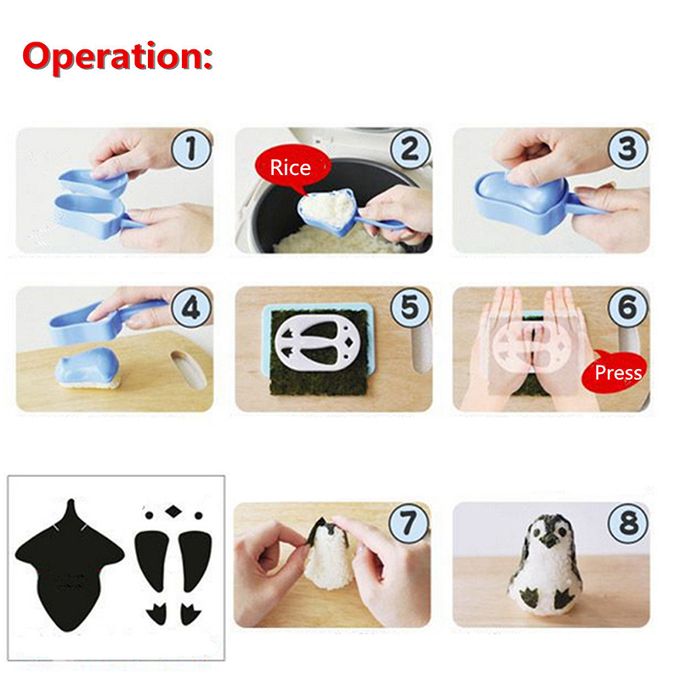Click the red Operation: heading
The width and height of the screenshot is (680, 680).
click(117, 57)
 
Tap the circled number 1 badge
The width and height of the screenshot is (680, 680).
click(191, 148)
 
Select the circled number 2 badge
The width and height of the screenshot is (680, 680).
click(411, 148)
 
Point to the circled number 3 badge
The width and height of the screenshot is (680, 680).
click(628, 148)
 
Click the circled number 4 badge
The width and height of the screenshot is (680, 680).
click(191, 308)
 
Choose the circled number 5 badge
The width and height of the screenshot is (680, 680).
click(411, 308)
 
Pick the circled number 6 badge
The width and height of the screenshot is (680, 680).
click(628, 308)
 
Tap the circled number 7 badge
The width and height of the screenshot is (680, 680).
click(409, 523)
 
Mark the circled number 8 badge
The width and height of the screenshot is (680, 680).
click(628, 523)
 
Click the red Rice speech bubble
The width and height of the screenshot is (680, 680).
click(292, 167)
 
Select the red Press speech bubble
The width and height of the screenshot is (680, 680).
click(615, 372)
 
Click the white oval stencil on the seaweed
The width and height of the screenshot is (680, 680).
click(319, 343)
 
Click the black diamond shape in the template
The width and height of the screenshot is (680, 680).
click(173, 512)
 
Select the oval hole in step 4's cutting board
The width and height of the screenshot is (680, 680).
click(189, 370)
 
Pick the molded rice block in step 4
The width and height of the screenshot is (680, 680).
click(89, 369)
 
